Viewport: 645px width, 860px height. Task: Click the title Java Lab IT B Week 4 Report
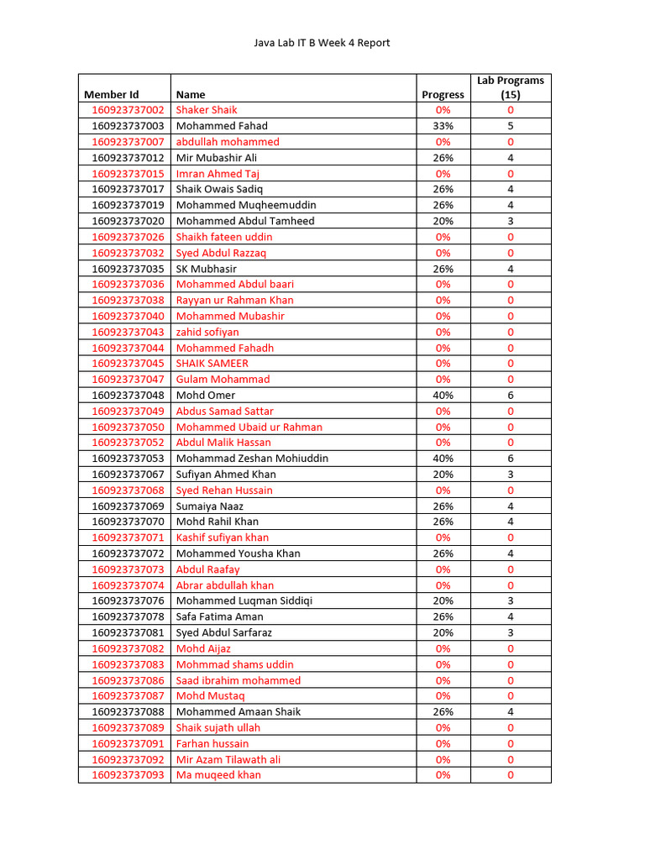(322, 43)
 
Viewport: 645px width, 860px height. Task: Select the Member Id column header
(111, 95)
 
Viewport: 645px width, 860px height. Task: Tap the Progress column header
(443, 95)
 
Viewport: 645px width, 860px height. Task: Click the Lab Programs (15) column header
(510, 87)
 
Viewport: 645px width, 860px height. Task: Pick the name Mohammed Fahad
(222, 126)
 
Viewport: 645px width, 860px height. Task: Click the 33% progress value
(443, 126)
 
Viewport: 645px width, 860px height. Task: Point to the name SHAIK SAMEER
(212, 364)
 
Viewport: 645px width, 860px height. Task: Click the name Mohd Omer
(206, 396)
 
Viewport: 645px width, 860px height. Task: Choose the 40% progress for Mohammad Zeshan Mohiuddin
(443, 459)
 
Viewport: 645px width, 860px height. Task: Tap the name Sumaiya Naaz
(211, 506)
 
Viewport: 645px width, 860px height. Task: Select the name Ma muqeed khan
(218, 775)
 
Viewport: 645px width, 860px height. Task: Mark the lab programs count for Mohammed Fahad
(510, 126)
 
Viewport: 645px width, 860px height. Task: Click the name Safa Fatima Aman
(219, 616)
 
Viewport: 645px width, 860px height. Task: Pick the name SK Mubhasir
(206, 269)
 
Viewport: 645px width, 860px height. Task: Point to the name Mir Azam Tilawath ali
(228, 759)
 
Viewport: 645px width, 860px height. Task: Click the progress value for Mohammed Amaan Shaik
(443, 711)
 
